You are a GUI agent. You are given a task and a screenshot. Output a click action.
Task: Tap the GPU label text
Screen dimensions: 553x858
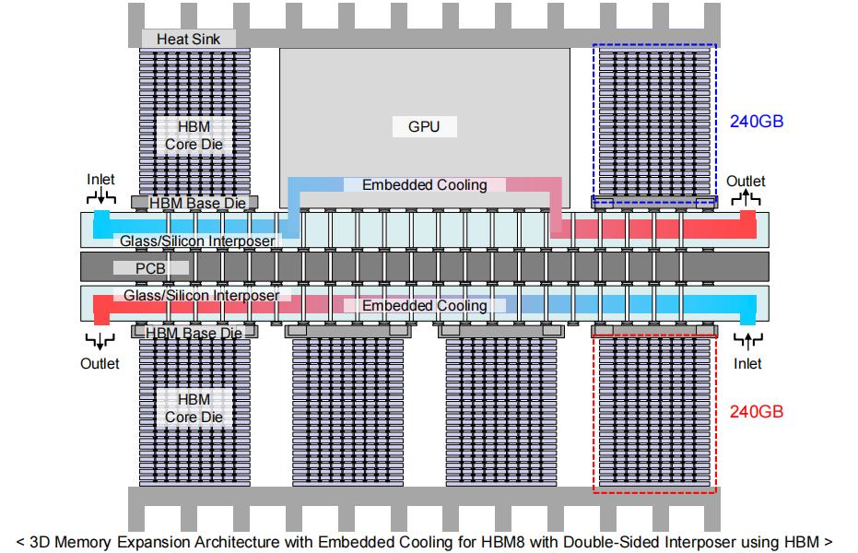click(424, 126)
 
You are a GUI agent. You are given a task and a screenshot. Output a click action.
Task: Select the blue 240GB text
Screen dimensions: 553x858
click(757, 121)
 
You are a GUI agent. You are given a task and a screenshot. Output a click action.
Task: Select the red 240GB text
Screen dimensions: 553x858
click(757, 411)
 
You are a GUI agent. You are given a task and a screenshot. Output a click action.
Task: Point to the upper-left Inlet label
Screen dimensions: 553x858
click(101, 178)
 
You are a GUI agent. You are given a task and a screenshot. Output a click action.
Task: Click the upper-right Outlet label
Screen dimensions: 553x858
click(746, 181)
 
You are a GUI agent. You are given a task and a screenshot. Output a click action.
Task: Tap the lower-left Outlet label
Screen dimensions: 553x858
click(100, 363)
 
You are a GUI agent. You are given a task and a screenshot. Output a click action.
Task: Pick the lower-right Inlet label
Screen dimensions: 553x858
click(747, 363)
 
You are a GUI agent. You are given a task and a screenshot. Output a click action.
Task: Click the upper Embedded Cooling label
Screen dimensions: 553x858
click(424, 185)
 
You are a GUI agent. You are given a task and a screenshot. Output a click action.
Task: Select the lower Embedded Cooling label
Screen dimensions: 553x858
click(424, 305)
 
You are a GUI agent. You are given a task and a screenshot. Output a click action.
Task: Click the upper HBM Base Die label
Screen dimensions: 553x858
click(196, 203)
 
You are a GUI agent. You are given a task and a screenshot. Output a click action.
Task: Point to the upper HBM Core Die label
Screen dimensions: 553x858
click(194, 135)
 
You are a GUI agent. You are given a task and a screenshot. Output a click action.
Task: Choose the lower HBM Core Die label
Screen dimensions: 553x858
click(194, 408)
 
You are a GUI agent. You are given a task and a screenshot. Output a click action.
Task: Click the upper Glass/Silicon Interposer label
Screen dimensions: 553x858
click(196, 241)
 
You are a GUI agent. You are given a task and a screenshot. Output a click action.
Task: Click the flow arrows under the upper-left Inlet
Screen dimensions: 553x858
click(100, 197)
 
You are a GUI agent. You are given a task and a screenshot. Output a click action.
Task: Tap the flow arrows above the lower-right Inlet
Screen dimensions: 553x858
click(747, 342)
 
